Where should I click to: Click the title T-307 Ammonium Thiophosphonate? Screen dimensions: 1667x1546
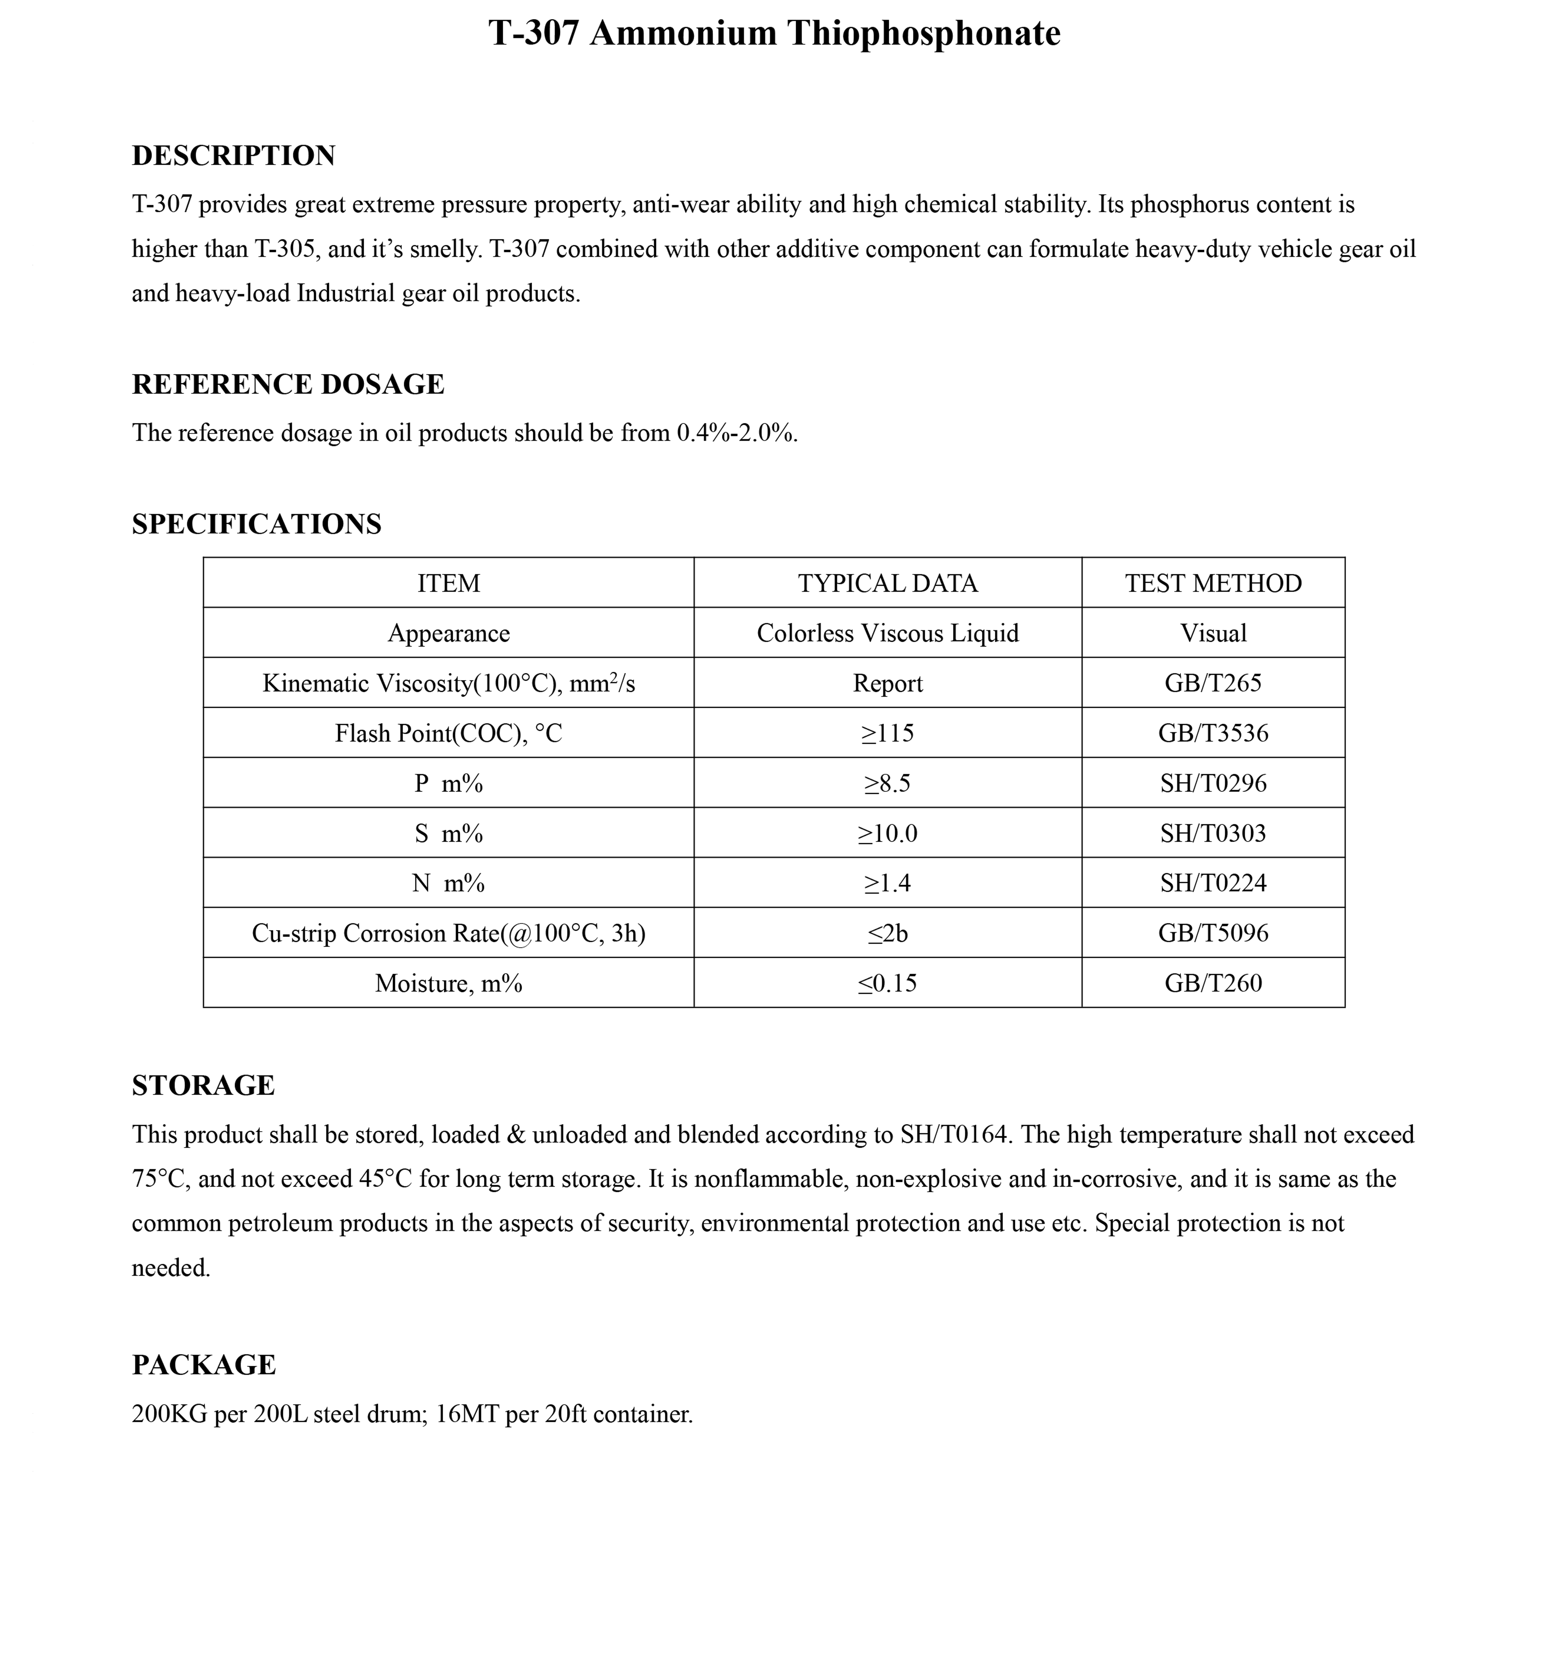click(774, 33)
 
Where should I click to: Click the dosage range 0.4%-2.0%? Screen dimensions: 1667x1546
click(736, 434)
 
